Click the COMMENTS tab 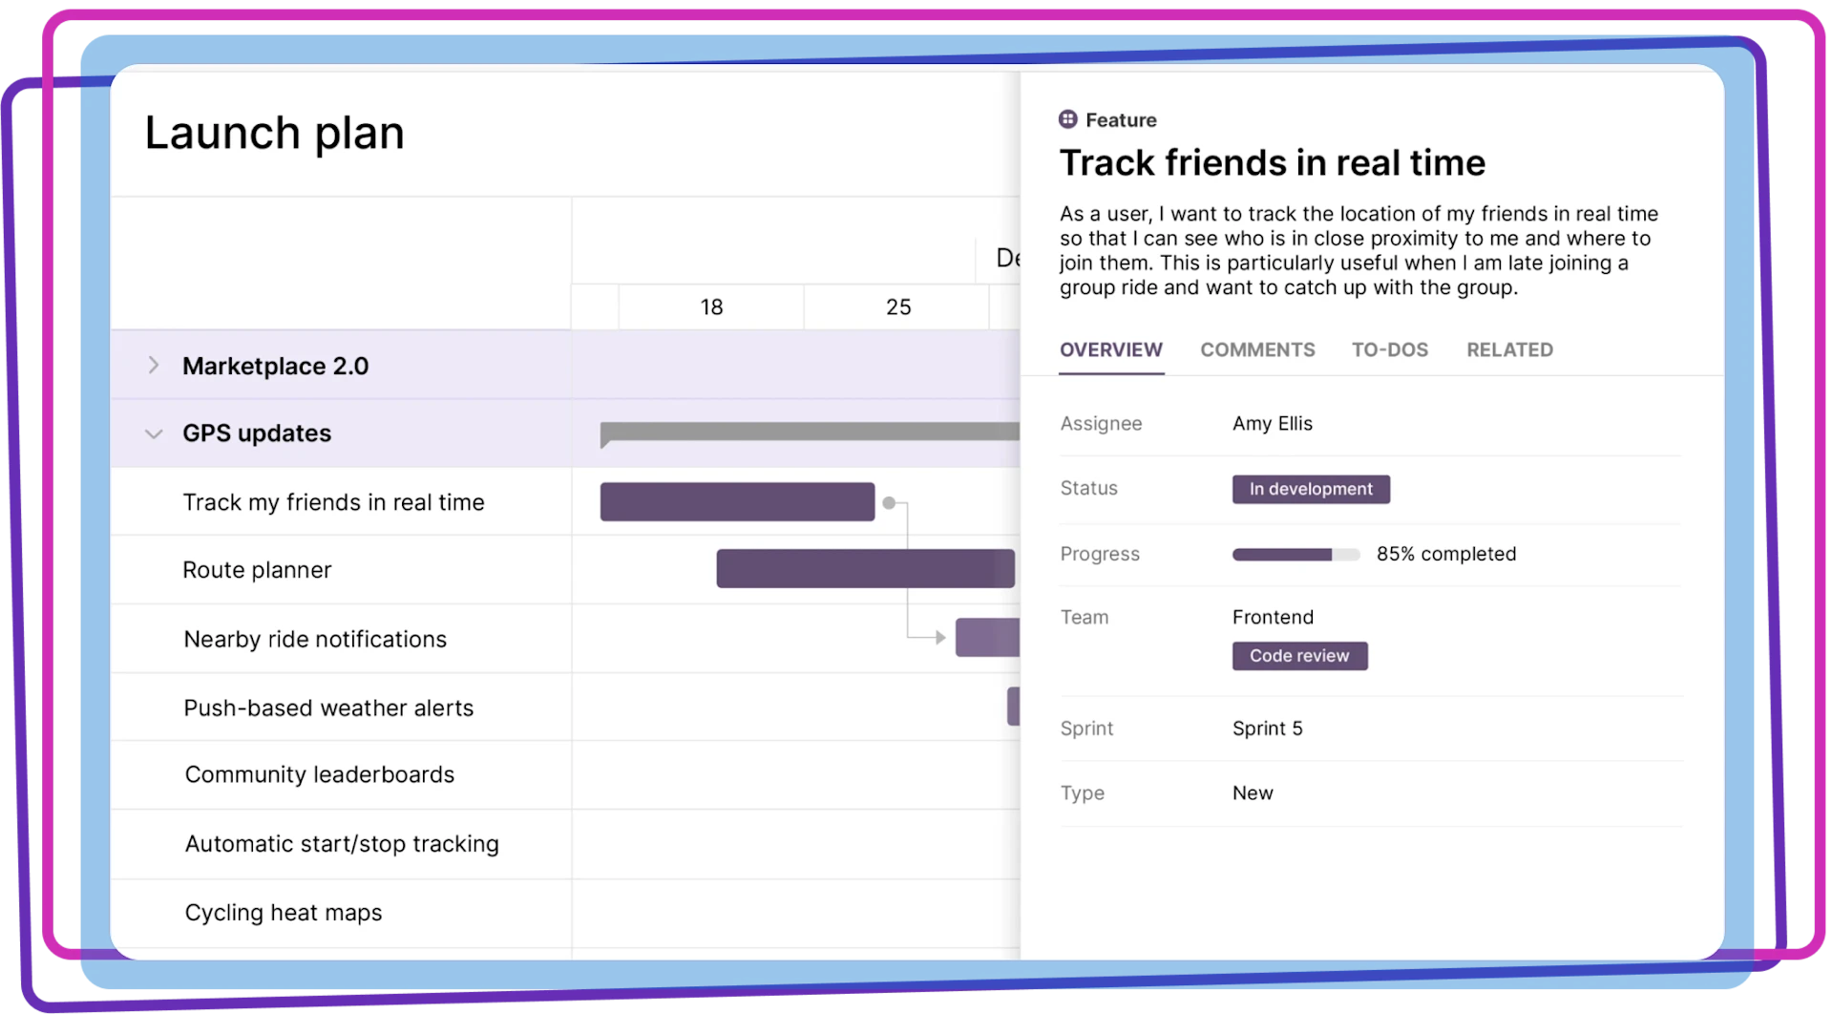(x=1257, y=349)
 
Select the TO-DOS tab (x=1389, y=349)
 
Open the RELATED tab (x=1509, y=349)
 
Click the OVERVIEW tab (x=1111, y=349)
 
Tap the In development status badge (x=1311, y=489)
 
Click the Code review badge (x=1299, y=656)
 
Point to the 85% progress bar (x=1296, y=555)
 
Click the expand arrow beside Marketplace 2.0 (x=154, y=366)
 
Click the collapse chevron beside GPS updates (x=154, y=434)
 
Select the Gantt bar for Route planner (x=865, y=569)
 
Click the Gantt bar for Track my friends (x=737, y=502)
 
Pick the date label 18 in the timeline (x=711, y=307)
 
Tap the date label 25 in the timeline (x=898, y=307)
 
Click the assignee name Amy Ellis (x=1272, y=423)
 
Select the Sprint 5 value (x=1267, y=729)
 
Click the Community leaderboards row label (x=320, y=774)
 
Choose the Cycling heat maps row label (x=284, y=913)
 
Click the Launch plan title (x=275, y=133)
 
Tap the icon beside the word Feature (x=1068, y=119)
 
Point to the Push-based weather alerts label (x=328, y=708)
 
